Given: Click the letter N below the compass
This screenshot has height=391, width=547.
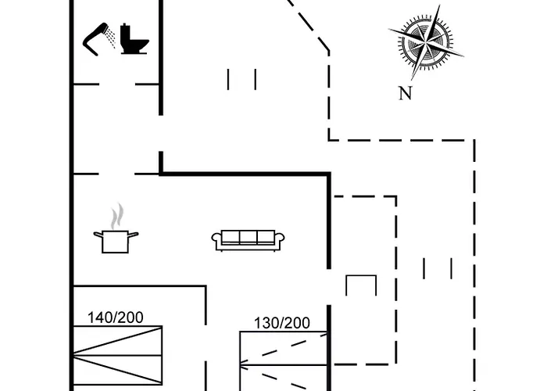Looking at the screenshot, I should point(405,94).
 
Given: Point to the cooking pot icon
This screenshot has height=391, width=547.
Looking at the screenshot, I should point(116,240).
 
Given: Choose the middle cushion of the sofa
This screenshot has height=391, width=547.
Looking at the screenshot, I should point(247,237).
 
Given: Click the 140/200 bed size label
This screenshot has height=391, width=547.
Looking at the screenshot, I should point(116,317).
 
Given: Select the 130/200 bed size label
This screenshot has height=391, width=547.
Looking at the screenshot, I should point(282,323).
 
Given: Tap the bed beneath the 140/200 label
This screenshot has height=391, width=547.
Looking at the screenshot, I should point(117,356).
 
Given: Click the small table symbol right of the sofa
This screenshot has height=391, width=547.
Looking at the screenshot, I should point(361,285).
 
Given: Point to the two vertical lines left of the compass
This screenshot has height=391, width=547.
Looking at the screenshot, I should point(241,79).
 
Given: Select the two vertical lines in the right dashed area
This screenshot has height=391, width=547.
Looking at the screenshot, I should point(438,268).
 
